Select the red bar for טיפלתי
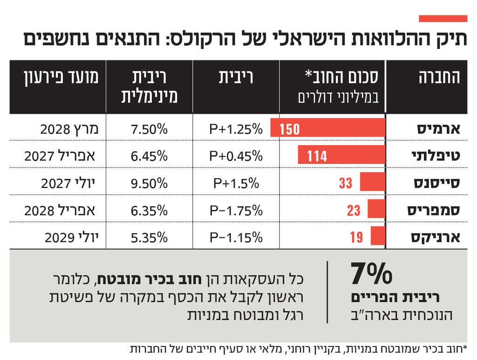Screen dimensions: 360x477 click(341, 155)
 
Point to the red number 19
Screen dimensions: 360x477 click(356, 237)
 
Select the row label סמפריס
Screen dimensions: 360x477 click(434, 210)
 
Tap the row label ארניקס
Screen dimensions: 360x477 click(436, 237)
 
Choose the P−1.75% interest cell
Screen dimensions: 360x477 click(236, 210)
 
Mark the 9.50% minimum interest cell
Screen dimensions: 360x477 click(149, 183)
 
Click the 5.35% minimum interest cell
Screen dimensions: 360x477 click(149, 238)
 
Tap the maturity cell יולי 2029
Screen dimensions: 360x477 click(72, 238)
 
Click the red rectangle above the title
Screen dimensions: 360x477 click(443, 19)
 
